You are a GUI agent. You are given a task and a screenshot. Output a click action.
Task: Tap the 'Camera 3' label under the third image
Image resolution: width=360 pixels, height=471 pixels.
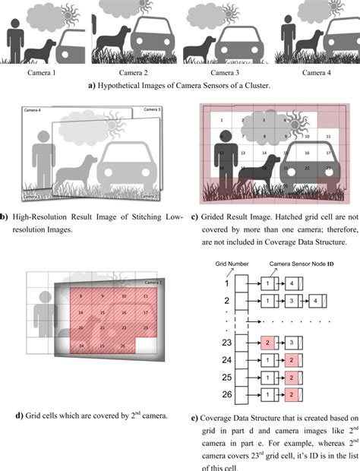point(221,72)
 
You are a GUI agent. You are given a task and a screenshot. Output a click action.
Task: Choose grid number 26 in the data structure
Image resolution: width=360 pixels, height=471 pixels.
point(225,397)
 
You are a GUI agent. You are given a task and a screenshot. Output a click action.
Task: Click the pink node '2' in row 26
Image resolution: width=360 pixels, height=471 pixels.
point(292,397)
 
